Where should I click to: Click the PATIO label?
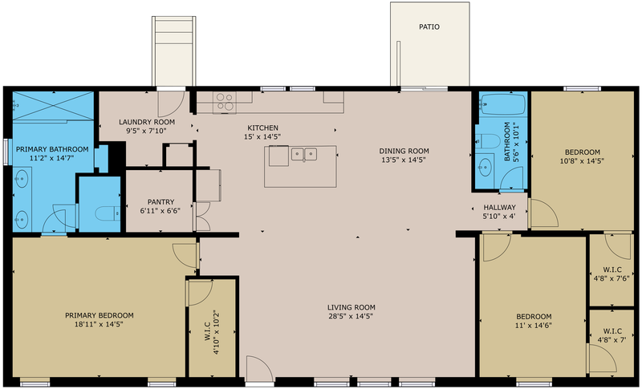point(429,27)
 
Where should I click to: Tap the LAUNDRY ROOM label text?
point(147,122)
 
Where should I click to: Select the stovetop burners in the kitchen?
point(225,102)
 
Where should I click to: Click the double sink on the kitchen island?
point(304,154)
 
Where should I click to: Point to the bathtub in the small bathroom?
point(503,104)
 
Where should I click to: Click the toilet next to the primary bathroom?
point(107,213)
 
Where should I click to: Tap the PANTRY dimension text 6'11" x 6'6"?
point(160,211)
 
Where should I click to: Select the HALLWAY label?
point(499,208)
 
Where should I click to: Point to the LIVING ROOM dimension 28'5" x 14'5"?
point(351,316)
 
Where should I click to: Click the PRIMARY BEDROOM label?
point(100,315)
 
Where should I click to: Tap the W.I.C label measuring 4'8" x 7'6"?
point(612,270)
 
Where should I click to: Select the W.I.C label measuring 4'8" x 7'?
point(612,331)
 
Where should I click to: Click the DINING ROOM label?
point(404,151)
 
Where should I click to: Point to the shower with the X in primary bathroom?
point(53,106)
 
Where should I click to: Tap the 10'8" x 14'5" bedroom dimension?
point(582,161)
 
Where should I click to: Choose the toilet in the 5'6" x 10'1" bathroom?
point(488,141)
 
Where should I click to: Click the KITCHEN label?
point(263,128)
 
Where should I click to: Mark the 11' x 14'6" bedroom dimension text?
point(534,326)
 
